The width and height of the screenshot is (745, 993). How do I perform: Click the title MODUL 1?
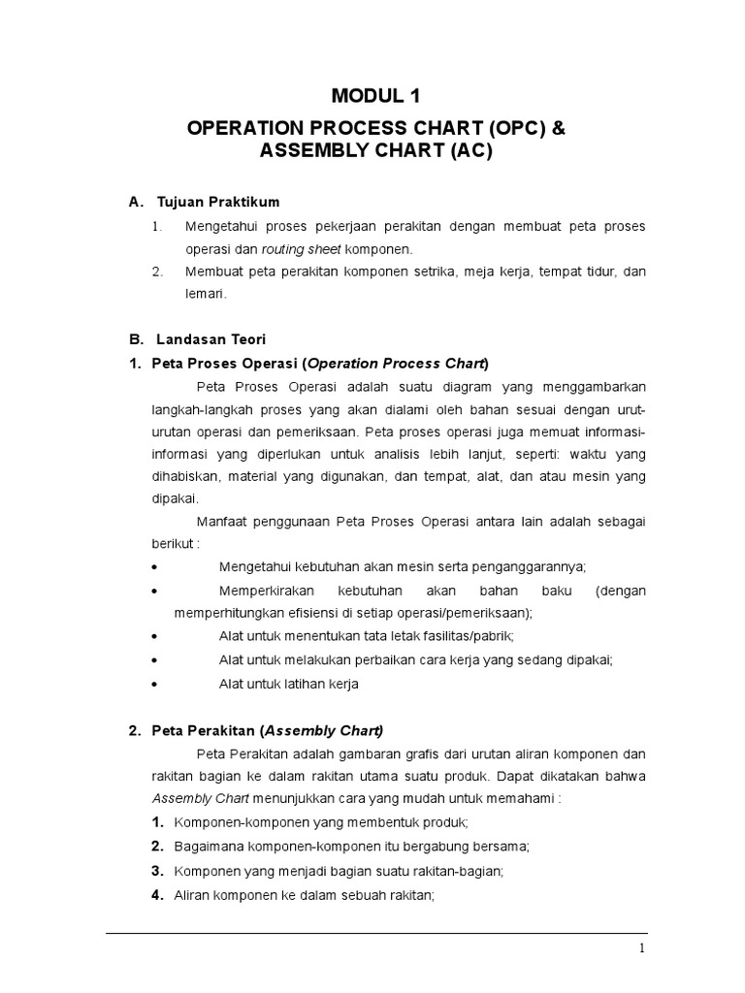click(x=377, y=95)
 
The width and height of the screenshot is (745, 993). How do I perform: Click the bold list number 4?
click(x=157, y=894)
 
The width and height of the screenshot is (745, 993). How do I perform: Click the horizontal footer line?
click(x=376, y=934)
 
